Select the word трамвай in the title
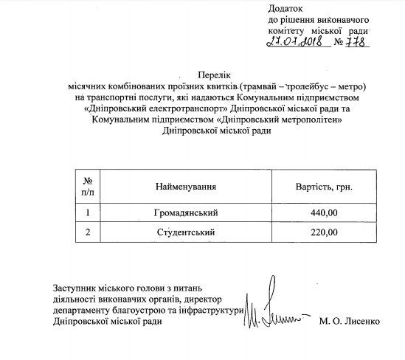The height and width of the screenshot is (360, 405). coord(265,87)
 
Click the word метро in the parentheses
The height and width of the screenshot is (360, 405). coord(360,87)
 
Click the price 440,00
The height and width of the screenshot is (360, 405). coord(323,214)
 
